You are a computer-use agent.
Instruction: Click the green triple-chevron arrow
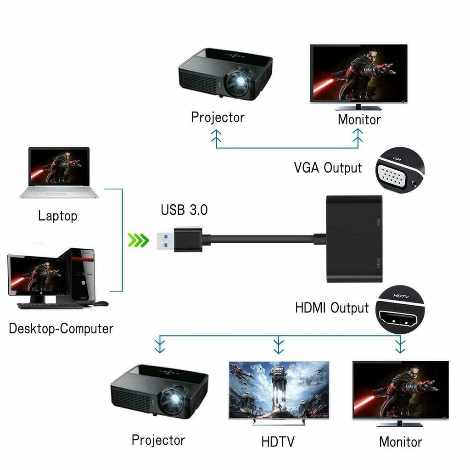(x=138, y=240)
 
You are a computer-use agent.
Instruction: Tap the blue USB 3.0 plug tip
(x=164, y=240)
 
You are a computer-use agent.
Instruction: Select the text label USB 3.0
(x=184, y=210)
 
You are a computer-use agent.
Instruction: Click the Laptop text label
(x=58, y=216)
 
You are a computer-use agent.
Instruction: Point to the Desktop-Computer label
(x=61, y=329)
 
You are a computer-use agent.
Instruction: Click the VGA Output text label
(x=328, y=168)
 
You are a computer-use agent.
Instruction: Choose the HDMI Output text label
(x=331, y=308)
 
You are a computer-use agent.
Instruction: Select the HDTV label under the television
(x=278, y=442)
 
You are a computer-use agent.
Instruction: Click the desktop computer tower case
(x=83, y=275)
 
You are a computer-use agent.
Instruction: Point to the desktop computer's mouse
(x=101, y=303)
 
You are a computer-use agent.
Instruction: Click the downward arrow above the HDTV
(x=278, y=345)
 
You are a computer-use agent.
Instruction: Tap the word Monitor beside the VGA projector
(x=359, y=119)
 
